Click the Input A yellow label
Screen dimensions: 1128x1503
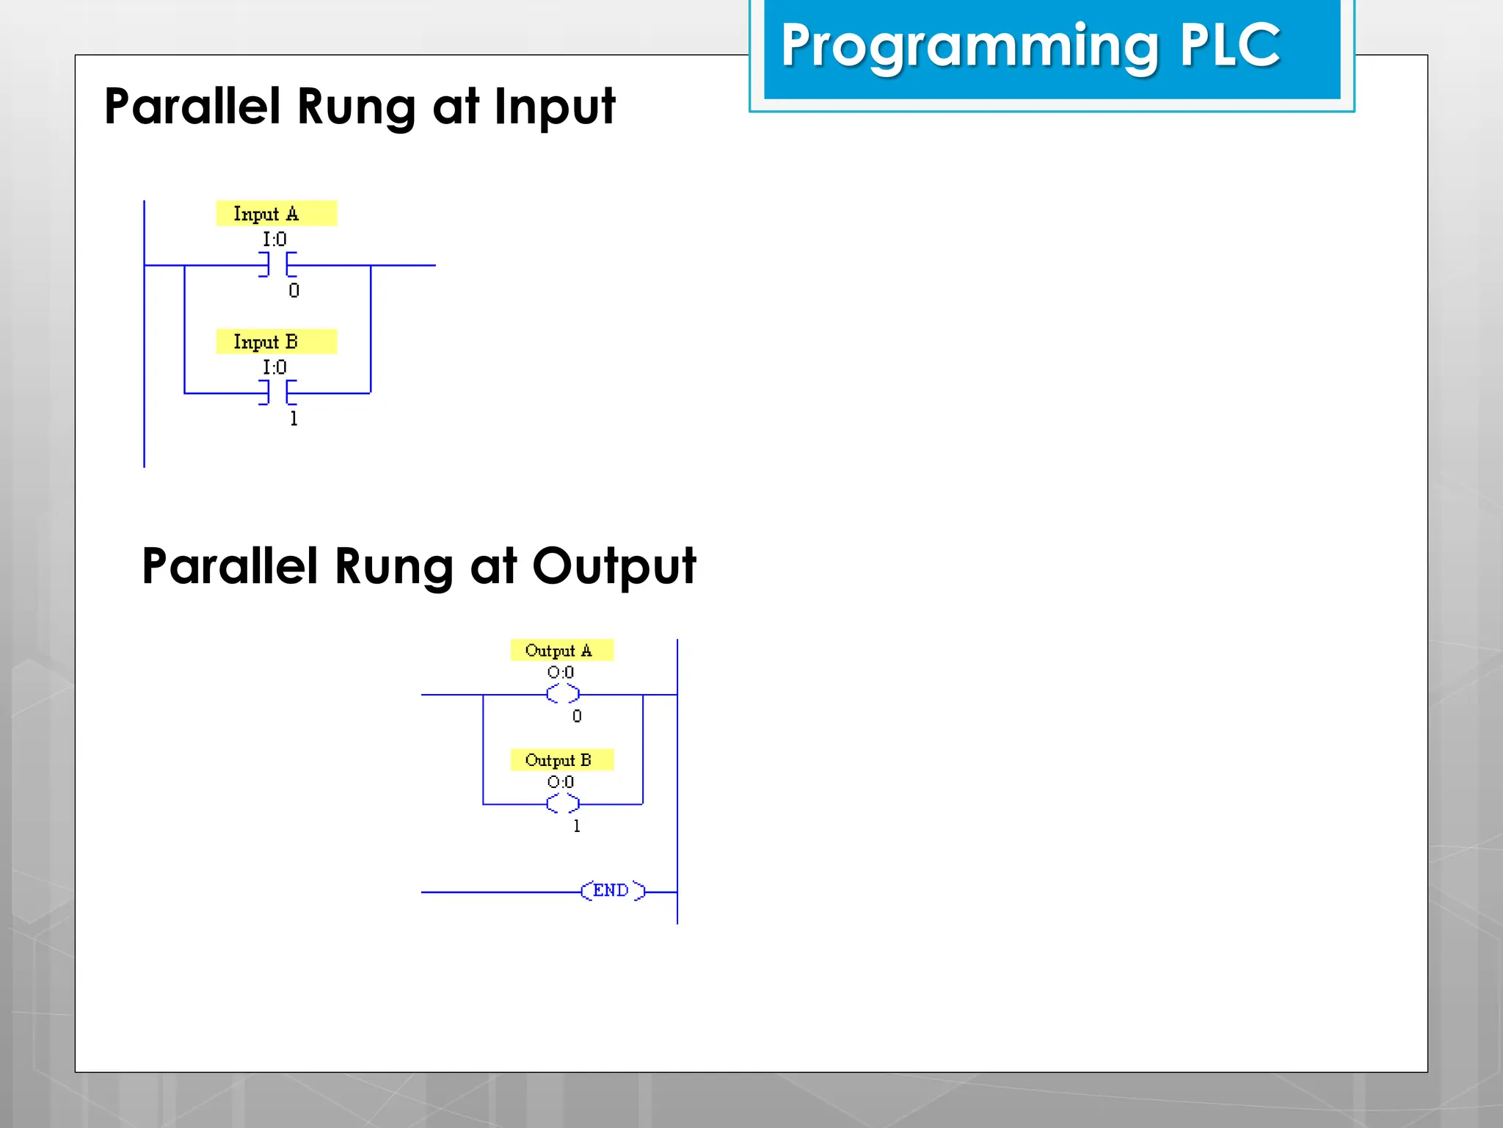(276, 213)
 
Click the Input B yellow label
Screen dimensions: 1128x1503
(276, 341)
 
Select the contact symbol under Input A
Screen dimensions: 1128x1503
(277, 264)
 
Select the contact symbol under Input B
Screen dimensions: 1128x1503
(277, 393)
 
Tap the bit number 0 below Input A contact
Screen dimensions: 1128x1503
(294, 291)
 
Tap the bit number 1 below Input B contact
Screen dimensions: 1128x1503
(294, 419)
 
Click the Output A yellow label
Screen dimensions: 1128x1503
(561, 650)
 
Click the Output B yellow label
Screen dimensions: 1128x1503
(561, 760)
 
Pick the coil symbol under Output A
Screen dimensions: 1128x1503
(563, 694)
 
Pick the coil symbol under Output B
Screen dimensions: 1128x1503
(563, 804)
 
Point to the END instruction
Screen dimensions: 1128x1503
(612, 891)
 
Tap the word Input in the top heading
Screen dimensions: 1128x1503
(554, 107)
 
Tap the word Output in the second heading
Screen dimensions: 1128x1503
(614, 566)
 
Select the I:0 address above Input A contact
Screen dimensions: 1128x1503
(274, 239)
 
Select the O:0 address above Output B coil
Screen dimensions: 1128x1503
(561, 782)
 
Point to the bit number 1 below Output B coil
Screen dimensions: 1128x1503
(577, 826)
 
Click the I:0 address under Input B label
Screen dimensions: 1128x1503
(274, 367)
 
